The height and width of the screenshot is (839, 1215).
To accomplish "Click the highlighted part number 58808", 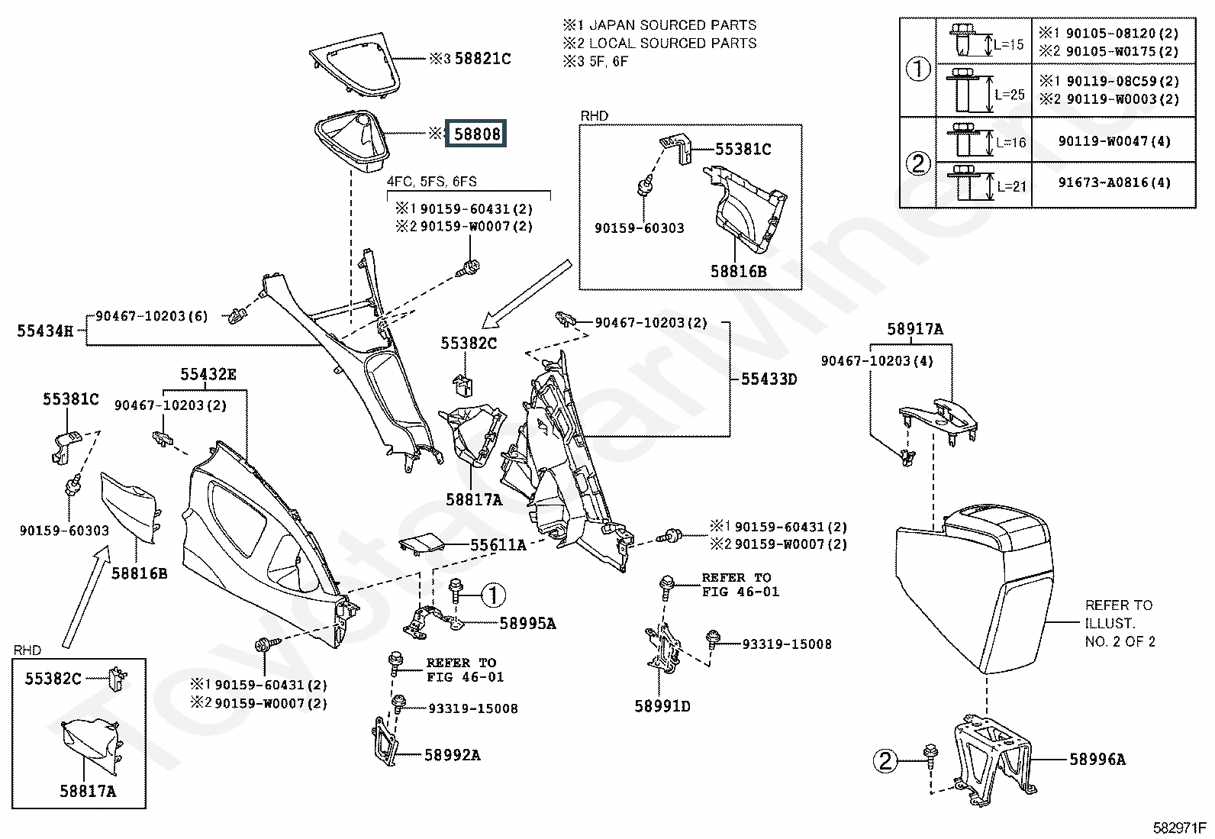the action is point(475,134).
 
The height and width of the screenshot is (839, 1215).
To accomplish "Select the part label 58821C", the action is point(482,59).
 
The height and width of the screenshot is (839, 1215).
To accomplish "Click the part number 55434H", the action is point(45,331).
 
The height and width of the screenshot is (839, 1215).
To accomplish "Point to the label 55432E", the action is point(208,374).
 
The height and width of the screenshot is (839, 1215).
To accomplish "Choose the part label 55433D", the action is point(769,379).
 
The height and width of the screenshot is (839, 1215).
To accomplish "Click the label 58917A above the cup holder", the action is point(915,329).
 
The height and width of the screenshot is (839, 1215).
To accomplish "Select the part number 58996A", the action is point(1097,760).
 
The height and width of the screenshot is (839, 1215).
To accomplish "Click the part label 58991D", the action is point(662,706).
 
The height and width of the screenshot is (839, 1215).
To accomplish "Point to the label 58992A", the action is point(453,755).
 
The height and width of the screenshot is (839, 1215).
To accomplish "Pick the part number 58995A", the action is point(528,624).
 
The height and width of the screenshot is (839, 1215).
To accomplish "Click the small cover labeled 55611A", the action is point(421,544).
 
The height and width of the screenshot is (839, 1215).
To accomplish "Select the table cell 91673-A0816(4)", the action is point(1114,182).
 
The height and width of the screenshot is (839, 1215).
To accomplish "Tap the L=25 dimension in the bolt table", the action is point(1010,95).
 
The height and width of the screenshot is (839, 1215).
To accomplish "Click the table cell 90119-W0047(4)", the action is point(1114,141).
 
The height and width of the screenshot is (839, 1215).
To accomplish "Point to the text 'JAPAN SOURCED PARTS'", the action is point(672,25).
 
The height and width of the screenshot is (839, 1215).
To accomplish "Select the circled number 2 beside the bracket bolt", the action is point(885,761).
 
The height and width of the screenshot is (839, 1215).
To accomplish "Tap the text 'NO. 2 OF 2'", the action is point(1120,641).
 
